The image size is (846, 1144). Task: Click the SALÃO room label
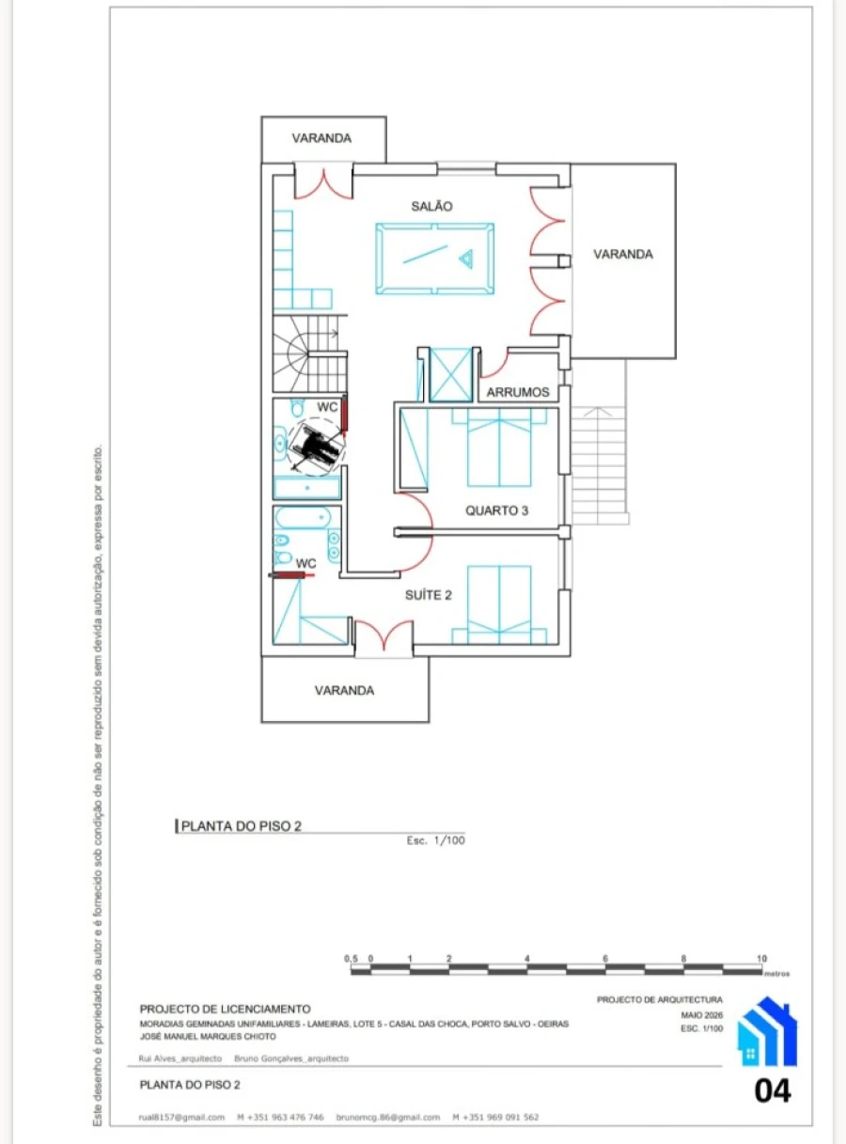[431, 206]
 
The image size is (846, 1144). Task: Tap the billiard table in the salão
[435, 259]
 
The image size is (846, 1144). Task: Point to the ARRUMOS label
[517, 393]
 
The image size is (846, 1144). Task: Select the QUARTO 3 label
[496, 510]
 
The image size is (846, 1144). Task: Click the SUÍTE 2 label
[428, 595]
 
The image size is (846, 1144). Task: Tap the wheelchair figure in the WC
[315, 447]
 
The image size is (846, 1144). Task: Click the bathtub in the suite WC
[303, 518]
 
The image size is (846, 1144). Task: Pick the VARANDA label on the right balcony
[622, 254]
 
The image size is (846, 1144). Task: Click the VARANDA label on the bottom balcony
[344, 690]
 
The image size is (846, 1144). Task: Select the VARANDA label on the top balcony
[321, 138]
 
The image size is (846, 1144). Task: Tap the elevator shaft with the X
[450, 374]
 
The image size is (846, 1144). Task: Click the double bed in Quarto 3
[499, 447]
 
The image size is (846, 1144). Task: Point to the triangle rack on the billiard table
[466, 259]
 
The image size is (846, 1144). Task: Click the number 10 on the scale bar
[761, 958]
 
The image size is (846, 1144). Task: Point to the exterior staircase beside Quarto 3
[600, 465]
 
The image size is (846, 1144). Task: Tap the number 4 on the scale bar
[526, 958]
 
